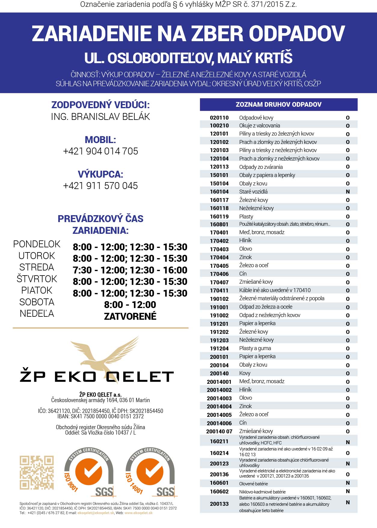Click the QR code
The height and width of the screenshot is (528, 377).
tap(37, 472)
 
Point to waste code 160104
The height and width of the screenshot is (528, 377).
tap(219, 192)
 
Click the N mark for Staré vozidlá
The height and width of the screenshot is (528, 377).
tap(348, 192)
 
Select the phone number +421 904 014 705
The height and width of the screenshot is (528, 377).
tap(100, 151)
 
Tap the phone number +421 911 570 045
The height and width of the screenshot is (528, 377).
tap(100, 186)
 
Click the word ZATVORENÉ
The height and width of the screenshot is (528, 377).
tap(130, 316)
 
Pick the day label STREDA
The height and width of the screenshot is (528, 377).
tap(37, 267)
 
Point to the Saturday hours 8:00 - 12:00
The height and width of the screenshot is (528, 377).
tap(130, 305)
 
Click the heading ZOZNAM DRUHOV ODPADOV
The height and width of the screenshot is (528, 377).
tap(278, 105)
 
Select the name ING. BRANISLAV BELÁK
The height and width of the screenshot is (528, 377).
tap(100, 117)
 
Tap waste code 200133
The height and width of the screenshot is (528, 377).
tap(219, 504)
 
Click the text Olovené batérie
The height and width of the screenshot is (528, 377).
tap(253, 484)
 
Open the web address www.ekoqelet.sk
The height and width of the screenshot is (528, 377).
tap(139, 513)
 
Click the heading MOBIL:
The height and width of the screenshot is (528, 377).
tap(100, 140)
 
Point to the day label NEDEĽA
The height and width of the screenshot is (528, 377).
tap(37, 313)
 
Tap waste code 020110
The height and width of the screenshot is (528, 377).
tap(219, 118)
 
